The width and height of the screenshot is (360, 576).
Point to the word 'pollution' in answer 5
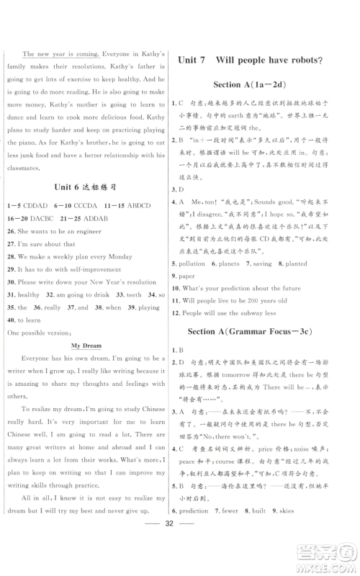click(202, 264)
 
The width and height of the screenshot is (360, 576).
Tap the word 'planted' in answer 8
click(296, 264)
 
